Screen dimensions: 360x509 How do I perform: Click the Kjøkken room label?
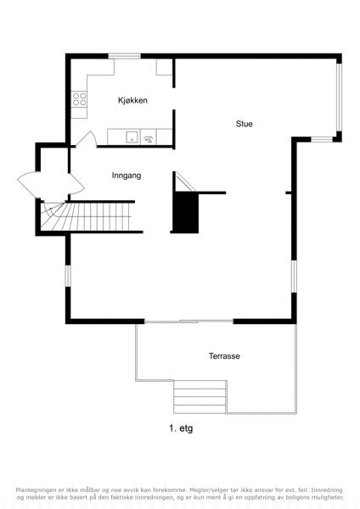[132, 100]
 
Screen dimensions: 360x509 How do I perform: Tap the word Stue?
[244, 124]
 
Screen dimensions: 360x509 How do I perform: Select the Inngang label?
[127, 176]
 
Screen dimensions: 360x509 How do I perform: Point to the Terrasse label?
[224, 356]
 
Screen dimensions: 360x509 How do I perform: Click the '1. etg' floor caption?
[181, 428]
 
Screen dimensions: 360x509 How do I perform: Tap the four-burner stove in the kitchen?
[79, 99]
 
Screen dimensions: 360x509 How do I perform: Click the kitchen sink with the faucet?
[148, 137]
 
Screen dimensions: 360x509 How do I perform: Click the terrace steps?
[200, 397]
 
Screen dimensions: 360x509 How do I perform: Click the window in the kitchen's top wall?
[125, 56]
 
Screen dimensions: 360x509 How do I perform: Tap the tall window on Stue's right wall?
[339, 98]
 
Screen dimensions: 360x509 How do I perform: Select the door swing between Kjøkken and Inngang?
[86, 140]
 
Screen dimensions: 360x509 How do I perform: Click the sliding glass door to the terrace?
[188, 322]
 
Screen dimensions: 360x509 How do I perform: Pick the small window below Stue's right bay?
[322, 140]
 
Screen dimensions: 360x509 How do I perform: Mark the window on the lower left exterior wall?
[68, 276]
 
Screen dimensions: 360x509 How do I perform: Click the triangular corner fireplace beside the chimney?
[185, 182]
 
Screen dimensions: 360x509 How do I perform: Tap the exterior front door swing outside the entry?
[29, 184]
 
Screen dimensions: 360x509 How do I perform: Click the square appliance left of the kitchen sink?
[132, 137]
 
